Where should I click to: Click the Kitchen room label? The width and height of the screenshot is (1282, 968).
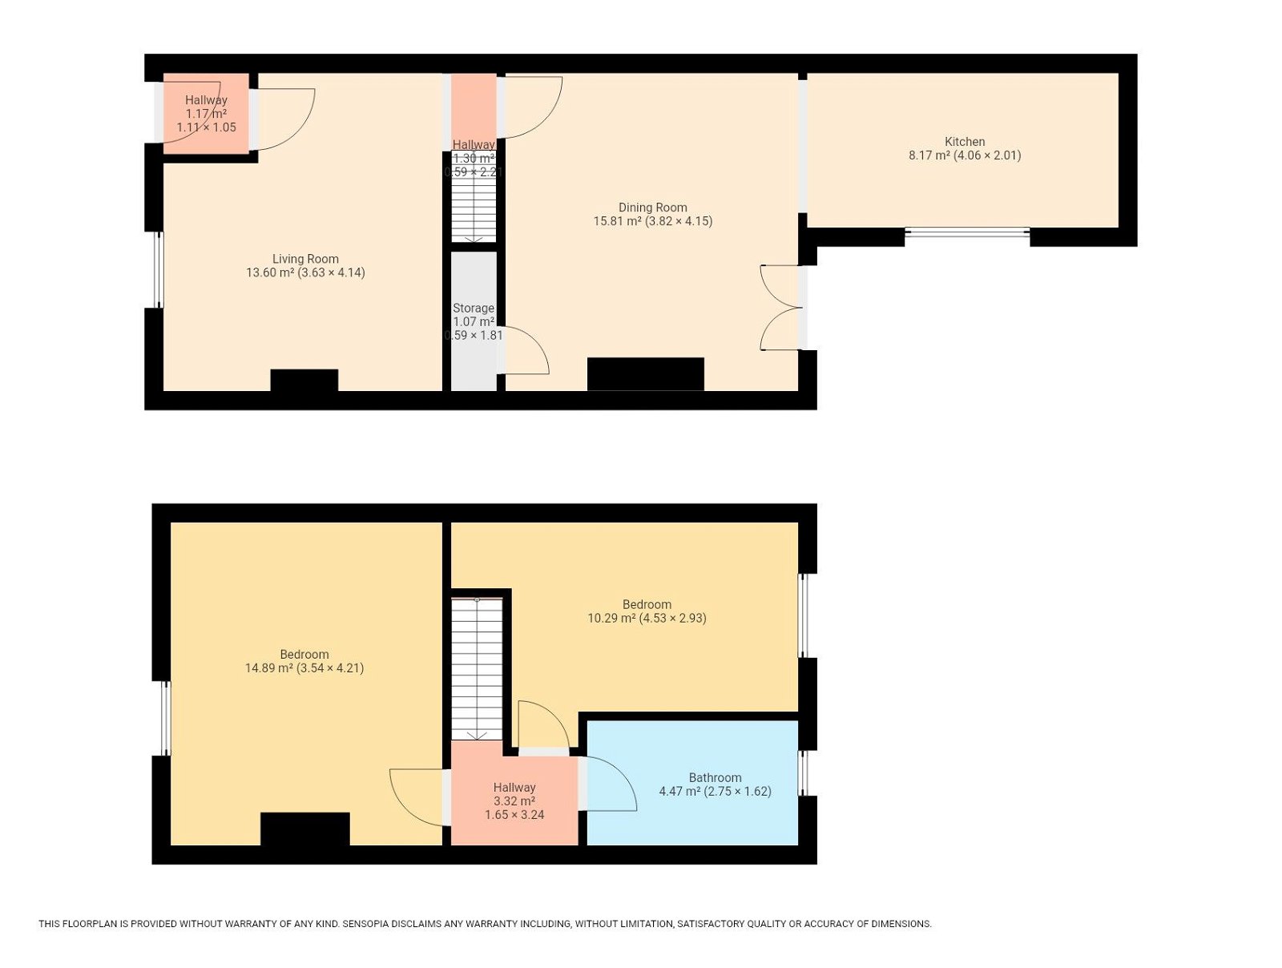click(x=964, y=142)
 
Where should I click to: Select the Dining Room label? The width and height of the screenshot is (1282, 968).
click(x=652, y=208)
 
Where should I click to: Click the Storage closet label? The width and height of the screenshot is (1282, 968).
click(x=474, y=309)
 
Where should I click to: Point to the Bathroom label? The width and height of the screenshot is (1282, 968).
click(x=715, y=777)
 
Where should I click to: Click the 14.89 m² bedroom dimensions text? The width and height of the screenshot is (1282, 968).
click(x=304, y=668)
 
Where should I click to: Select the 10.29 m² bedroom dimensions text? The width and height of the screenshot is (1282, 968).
click(x=647, y=618)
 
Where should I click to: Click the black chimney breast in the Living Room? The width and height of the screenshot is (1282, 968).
click(x=304, y=380)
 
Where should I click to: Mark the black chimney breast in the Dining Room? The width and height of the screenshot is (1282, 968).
click(x=645, y=373)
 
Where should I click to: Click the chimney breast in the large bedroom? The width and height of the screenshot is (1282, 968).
click(x=305, y=828)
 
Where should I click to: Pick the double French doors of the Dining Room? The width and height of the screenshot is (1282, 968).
click(x=781, y=308)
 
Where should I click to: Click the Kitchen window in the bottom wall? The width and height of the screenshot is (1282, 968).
click(x=967, y=232)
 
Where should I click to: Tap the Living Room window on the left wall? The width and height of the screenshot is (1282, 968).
click(x=159, y=270)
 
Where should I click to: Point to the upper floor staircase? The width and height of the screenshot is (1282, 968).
click(x=477, y=669)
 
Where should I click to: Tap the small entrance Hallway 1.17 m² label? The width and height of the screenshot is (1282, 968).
click(x=206, y=113)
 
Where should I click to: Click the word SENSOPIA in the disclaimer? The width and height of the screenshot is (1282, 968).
click(x=365, y=924)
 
